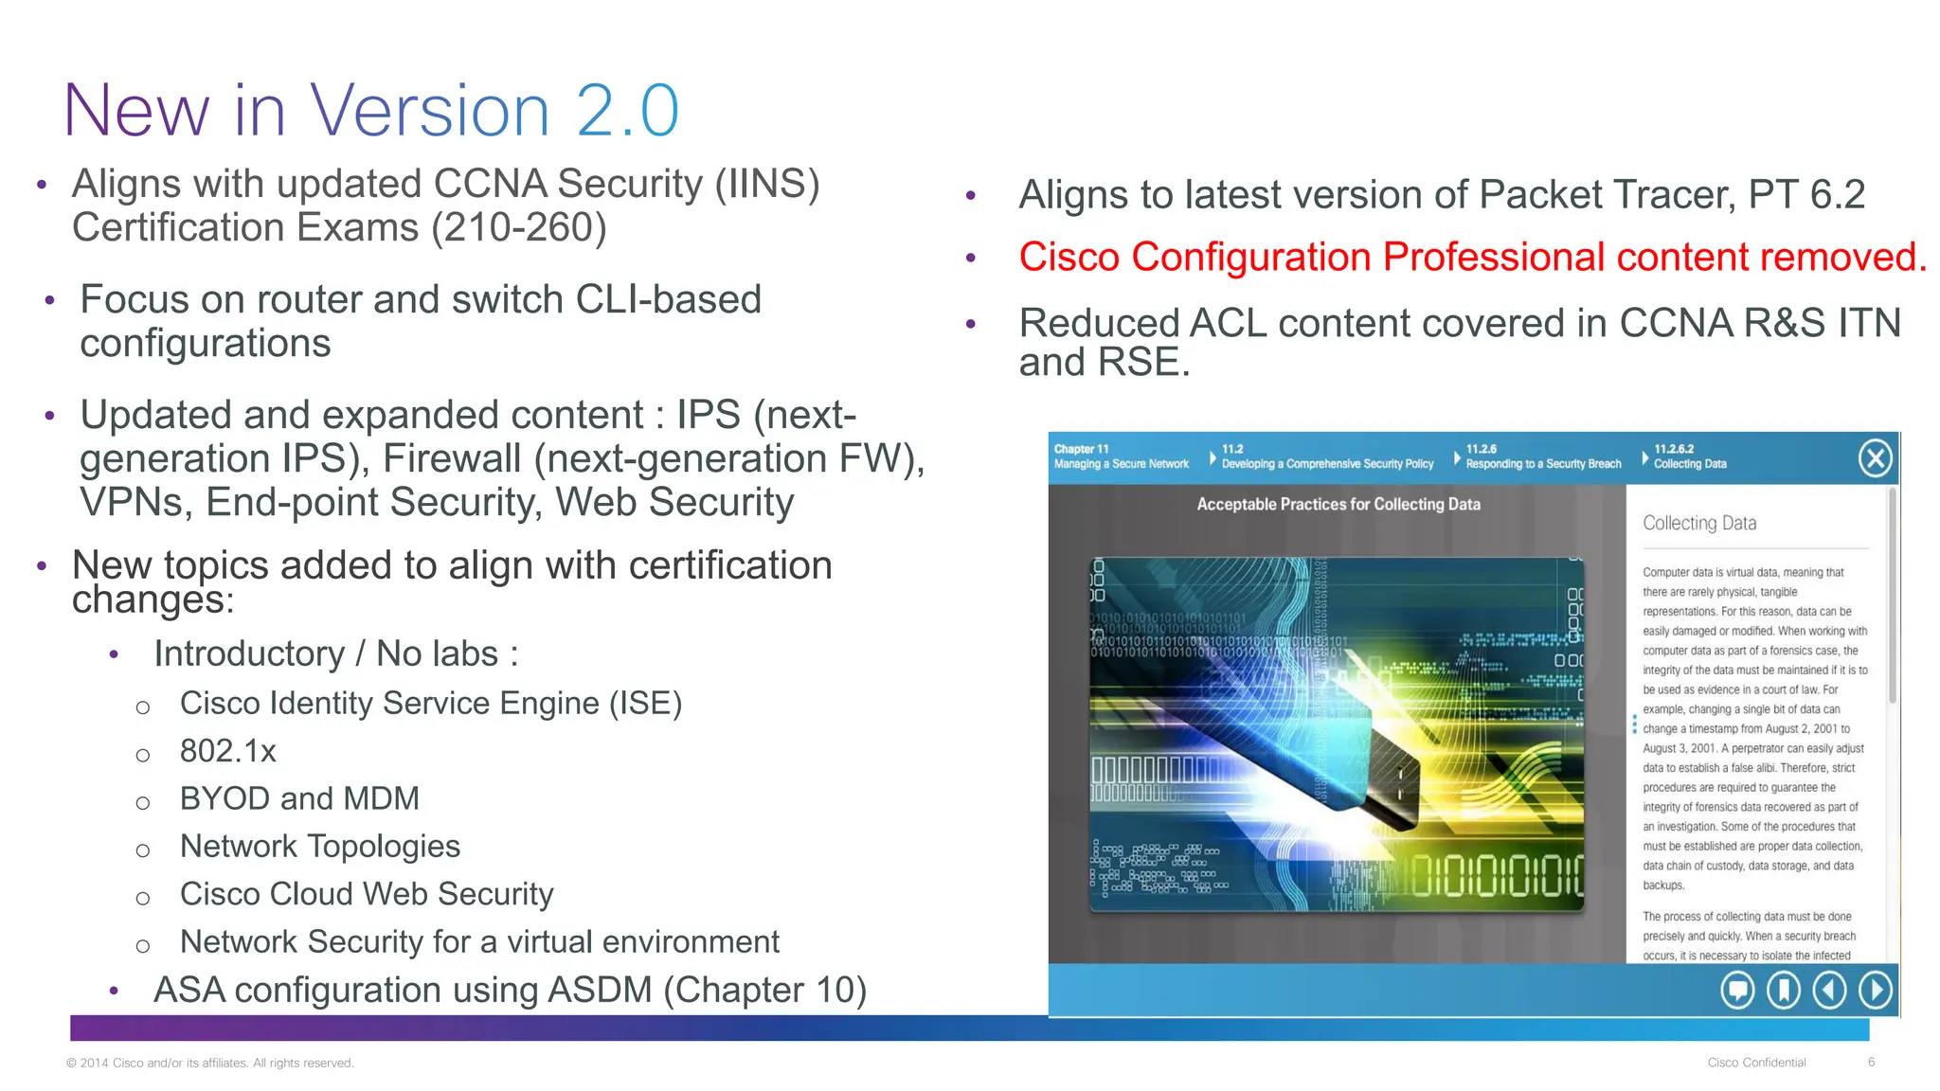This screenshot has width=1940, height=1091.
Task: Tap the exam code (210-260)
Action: (519, 228)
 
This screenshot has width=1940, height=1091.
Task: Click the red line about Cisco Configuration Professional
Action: (1472, 258)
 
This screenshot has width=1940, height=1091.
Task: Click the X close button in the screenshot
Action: (1875, 458)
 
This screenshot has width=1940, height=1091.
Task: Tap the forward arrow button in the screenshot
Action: (1875, 991)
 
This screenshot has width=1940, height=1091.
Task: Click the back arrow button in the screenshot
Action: (1829, 991)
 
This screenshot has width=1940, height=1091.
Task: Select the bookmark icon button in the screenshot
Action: (1784, 991)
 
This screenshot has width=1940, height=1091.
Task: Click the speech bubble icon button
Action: (1737, 991)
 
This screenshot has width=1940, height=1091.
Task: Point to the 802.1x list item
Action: (228, 751)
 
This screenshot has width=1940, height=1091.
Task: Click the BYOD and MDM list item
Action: (299, 798)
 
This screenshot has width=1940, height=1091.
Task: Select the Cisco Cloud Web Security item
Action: (367, 894)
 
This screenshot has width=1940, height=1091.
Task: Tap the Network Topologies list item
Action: (320, 846)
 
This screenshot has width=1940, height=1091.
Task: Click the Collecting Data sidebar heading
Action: (1699, 523)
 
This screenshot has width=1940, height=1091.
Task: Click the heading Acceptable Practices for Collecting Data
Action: (1338, 505)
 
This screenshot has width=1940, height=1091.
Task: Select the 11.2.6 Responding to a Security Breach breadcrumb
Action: (1542, 457)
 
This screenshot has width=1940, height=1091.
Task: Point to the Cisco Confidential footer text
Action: (1756, 1063)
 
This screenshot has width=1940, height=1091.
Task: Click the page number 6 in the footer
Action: (1871, 1063)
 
